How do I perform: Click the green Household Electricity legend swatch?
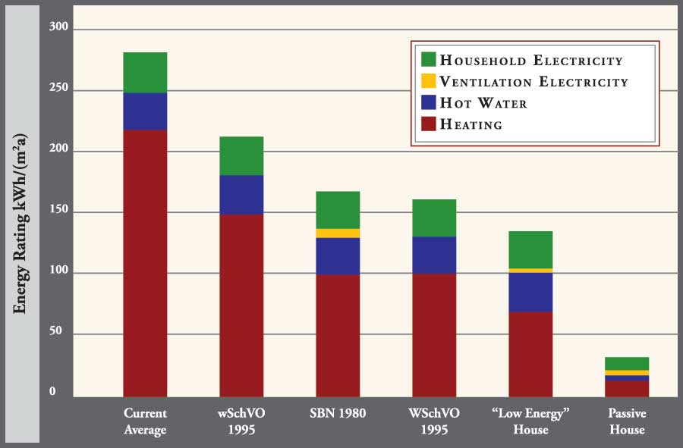click(428, 60)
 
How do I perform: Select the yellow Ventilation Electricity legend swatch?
click(428, 80)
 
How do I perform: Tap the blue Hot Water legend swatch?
click(428, 102)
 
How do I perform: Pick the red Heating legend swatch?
click(428, 124)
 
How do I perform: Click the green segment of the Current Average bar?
click(145, 72)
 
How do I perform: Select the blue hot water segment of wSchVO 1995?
click(241, 195)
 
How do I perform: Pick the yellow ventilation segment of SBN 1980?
click(338, 233)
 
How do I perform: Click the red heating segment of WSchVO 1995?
click(434, 334)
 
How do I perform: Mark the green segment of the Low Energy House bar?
click(530, 249)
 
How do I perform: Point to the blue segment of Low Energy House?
click(530, 292)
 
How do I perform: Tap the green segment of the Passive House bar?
click(627, 363)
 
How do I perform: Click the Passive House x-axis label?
click(627, 422)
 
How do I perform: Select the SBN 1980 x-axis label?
click(338, 414)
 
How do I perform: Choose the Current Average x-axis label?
click(145, 422)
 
